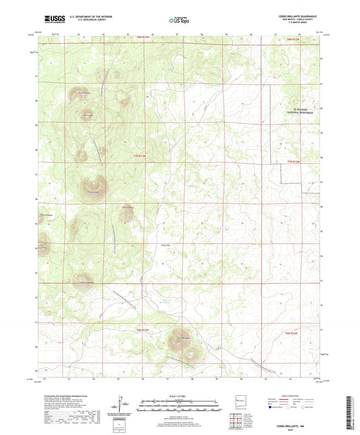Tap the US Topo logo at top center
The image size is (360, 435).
coord(180,21)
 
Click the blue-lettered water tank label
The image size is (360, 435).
coord(164,302)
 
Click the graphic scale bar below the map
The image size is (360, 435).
coord(180,403)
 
